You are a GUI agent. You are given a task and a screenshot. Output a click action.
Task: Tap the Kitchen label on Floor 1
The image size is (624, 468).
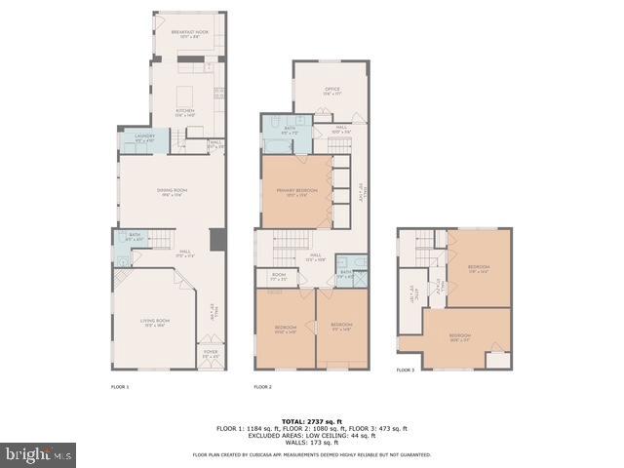point(184,112)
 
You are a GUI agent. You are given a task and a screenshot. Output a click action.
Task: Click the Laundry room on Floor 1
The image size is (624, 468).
point(144,138)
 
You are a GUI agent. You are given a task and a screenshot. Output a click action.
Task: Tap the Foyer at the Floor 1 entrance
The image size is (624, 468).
point(210,355)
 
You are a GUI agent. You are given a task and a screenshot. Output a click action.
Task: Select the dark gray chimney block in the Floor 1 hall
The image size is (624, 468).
point(217,239)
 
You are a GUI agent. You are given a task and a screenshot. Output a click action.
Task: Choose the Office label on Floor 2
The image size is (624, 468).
point(331,91)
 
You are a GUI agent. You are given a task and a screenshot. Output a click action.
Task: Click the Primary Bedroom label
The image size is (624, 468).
point(292,192)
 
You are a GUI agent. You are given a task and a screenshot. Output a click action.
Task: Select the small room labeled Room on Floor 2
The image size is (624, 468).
point(279,276)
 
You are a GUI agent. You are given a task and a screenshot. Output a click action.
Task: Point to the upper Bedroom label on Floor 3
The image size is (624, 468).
point(478,268)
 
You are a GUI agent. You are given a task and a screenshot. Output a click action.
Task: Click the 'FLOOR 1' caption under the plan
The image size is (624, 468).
point(120,387)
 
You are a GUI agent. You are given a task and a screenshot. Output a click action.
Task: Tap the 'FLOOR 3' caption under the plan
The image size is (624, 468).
point(406,370)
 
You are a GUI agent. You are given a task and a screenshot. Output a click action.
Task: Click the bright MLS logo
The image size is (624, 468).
point(39,453)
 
